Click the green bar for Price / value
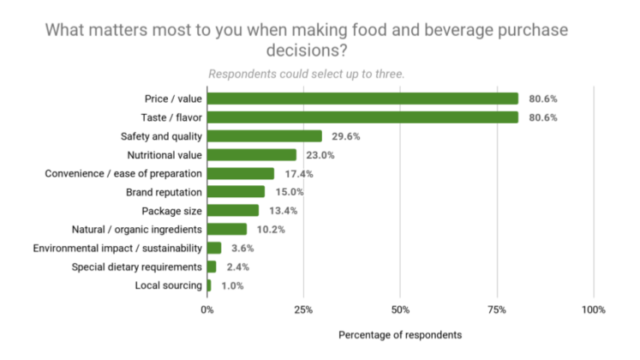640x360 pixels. pos(362,99)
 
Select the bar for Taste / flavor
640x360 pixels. pos(362,117)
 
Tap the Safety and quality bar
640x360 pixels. pos(265,136)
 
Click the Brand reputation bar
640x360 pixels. pos(236,192)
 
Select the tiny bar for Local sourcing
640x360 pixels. pos(209,285)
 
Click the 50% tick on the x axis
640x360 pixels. pos(400,309)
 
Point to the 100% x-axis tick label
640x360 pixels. pos(593,309)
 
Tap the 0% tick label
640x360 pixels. pos(207,309)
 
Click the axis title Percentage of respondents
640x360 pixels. pos(400,333)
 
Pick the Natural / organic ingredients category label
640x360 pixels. pos(137,230)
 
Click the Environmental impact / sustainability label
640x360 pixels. pos(117,249)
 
